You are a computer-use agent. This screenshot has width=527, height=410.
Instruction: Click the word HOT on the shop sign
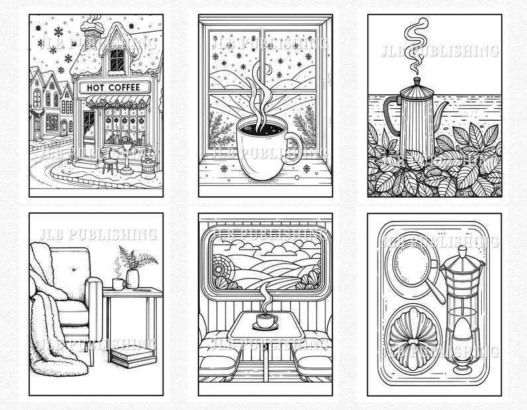(92, 88)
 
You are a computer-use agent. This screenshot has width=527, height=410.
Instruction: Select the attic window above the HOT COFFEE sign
(117, 60)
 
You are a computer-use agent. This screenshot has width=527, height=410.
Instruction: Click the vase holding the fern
(133, 278)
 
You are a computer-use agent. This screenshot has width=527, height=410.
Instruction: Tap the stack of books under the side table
(131, 358)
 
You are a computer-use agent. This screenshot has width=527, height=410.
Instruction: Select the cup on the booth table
(267, 321)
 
